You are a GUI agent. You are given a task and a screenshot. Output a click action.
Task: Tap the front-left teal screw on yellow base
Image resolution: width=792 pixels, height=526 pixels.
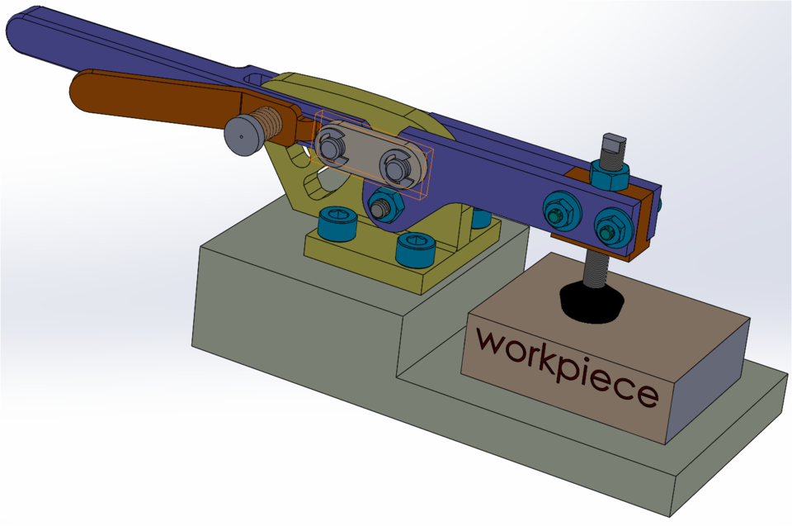(337, 224)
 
